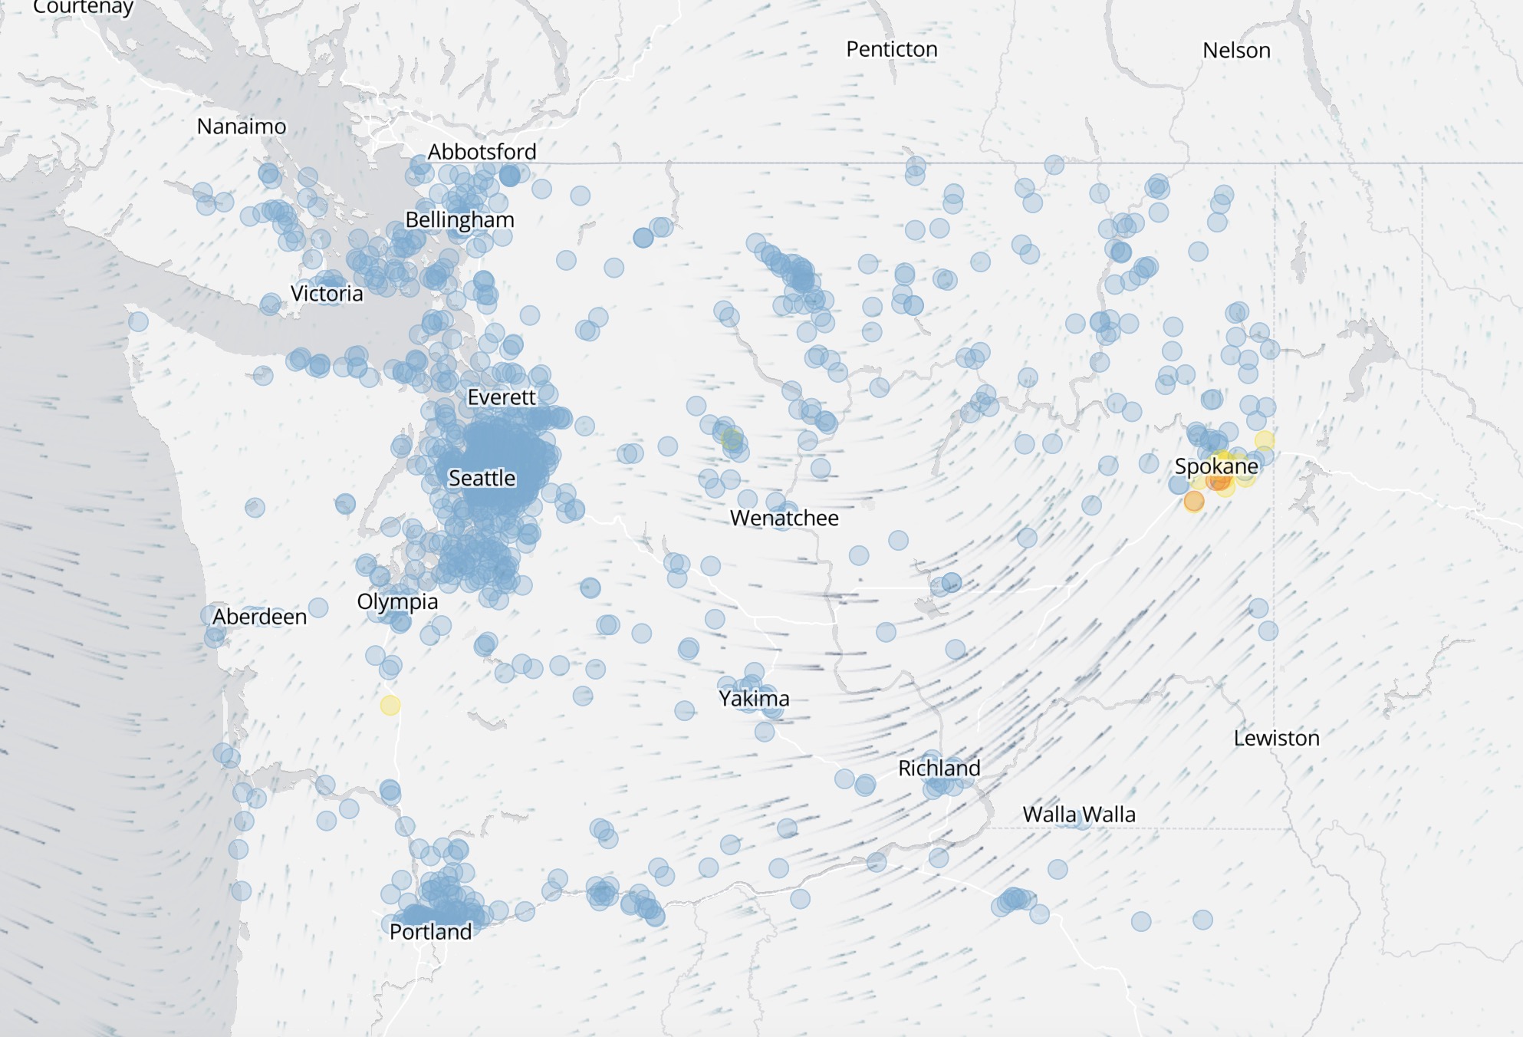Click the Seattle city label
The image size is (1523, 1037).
482,478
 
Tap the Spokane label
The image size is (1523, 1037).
1216,466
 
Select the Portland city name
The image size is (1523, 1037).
430,931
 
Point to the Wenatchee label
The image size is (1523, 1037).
784,518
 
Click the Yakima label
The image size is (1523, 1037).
754,698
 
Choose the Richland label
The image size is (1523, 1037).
939,768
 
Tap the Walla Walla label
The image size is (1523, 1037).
1078,814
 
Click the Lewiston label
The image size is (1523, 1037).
1276,738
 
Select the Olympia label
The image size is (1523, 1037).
397,601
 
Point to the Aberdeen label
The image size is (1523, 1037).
259,616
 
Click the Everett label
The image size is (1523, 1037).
502,397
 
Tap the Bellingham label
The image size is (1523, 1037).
459,219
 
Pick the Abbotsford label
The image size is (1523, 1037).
482,151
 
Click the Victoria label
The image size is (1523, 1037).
327,293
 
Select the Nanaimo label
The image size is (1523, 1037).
242,126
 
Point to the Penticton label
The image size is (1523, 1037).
891,49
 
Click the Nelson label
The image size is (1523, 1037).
1236,50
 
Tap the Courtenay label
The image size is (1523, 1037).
83,7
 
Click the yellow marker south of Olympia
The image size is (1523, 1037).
390,705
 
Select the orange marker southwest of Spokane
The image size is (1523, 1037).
1193,502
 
